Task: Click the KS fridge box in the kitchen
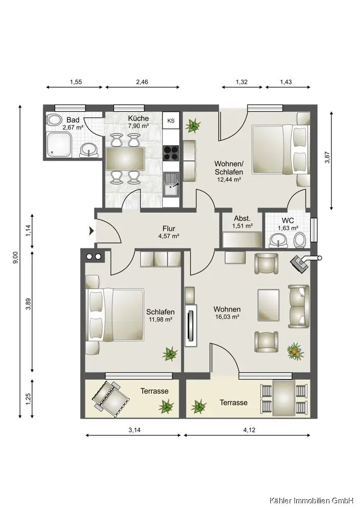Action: point(171,120)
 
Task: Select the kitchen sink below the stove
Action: point(171,185)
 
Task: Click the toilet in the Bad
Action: point(54,120)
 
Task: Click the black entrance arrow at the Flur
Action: point(92,231)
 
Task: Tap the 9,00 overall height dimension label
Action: point(15,258)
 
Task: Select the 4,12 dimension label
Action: point(249,430)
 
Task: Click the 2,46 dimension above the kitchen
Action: point(142,82)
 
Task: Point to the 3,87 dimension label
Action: point(327,158)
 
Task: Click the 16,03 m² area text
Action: point(227,317)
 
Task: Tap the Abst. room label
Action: point(242,219)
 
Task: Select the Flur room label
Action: point(169,228)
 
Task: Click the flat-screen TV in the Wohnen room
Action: point(191,325)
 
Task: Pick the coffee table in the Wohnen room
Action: point(269,305)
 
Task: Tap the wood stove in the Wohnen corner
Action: point(300,262)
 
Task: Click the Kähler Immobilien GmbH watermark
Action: point(311,500)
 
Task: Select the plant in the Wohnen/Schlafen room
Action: point(193,125)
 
